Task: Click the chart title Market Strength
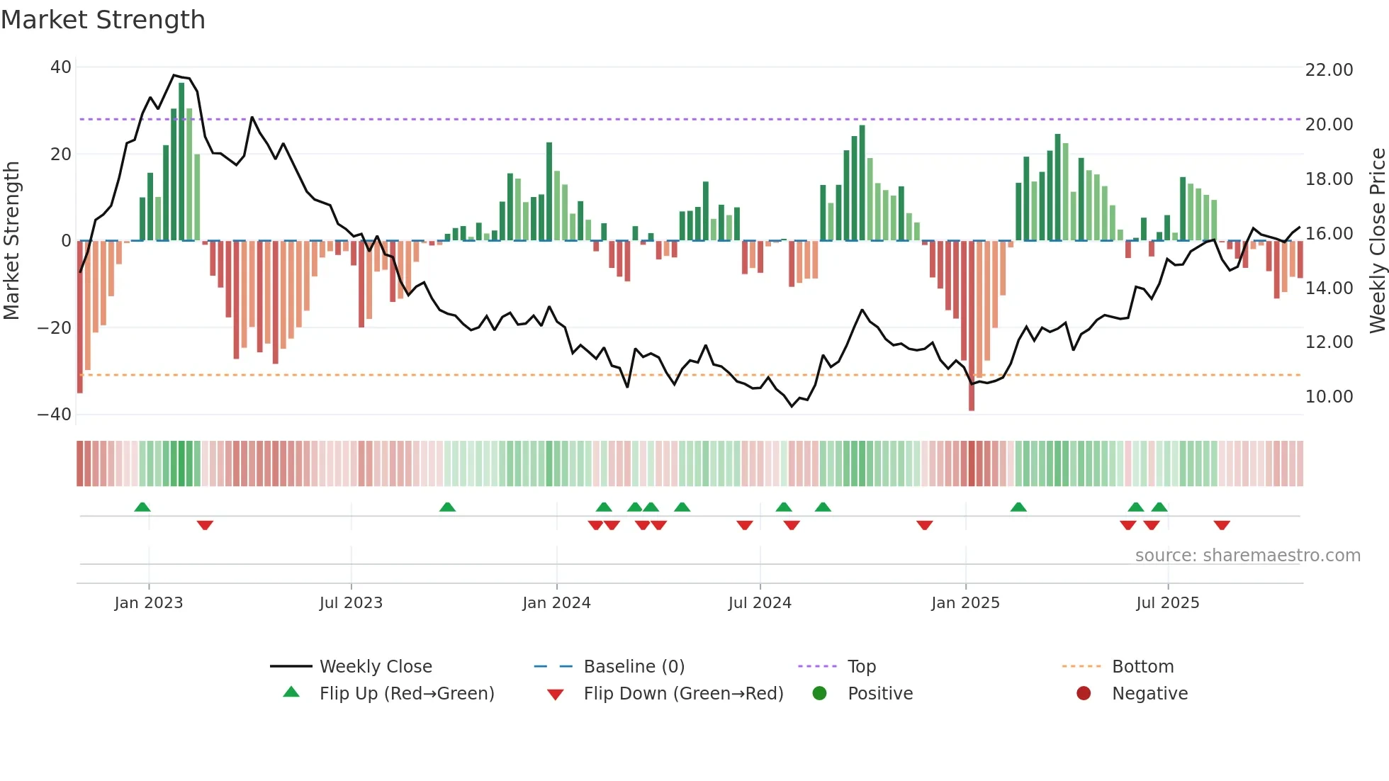pos(103,20)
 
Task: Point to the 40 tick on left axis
pos(61,67)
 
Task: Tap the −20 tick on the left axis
pos(55,328)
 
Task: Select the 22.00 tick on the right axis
pos(1329,70)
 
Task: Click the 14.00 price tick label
pos(1329,288)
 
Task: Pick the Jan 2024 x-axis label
pos(556,603)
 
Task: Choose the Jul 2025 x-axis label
pos(1167,603)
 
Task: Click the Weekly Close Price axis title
pos(1377,241)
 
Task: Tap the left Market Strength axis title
pos(12,241)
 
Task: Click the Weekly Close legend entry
pos(375,667)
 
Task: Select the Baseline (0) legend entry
pos(634,667)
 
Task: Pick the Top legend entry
pos(861,667)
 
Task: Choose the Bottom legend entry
pos(1142,667)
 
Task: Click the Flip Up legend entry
pos(406,694)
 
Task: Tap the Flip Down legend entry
pos(682,694)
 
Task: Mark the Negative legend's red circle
pos(1083,693)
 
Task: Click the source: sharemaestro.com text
pos(1247,556)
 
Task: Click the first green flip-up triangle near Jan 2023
pos(142,507)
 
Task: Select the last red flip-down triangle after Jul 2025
pos(1221,525)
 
